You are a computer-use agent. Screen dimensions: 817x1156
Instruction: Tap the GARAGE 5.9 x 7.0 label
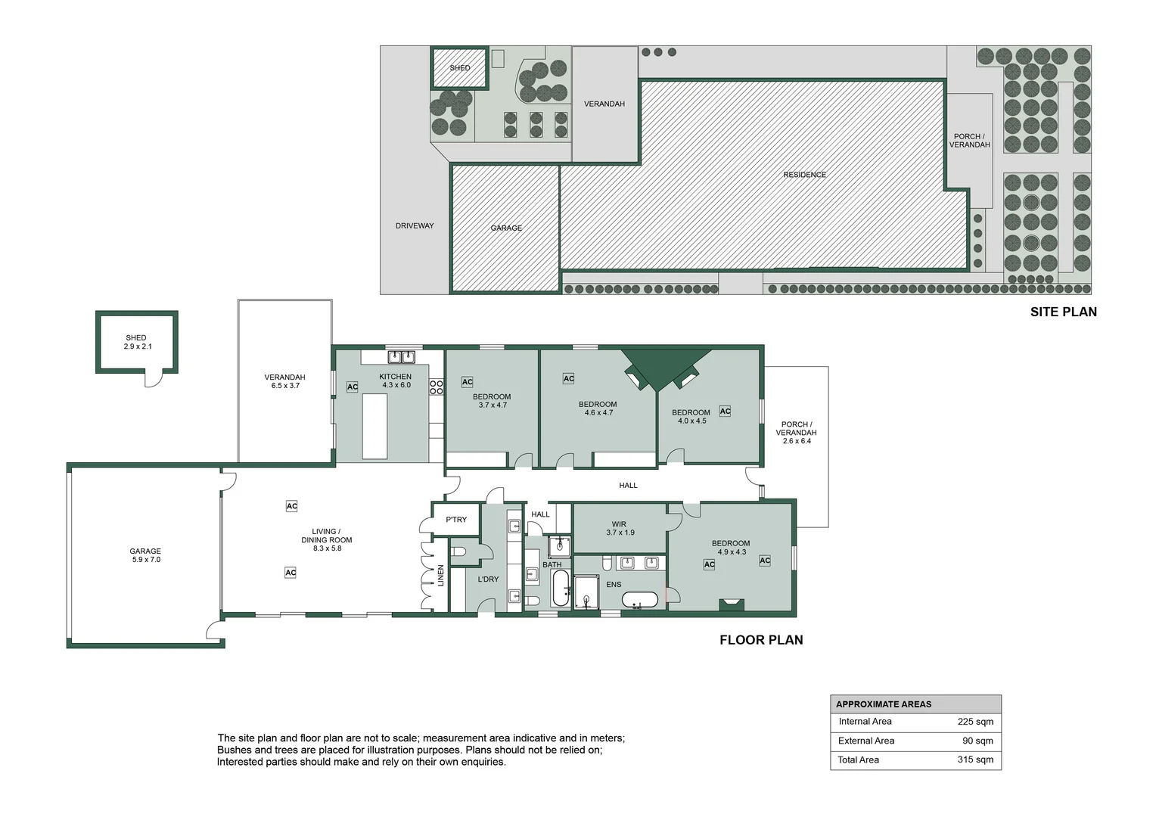[144, 555]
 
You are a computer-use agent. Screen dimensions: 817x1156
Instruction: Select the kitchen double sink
[401, 356]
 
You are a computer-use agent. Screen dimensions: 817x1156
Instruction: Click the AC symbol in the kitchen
[352, 387]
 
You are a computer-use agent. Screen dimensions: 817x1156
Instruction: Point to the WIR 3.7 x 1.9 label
[620, 528]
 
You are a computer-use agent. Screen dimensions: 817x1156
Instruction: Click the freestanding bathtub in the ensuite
[640, 601]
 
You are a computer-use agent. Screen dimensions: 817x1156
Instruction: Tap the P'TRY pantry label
[456, 520]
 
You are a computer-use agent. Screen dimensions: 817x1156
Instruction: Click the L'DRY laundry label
[488, 579]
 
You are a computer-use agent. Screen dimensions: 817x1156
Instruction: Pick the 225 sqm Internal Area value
[975, 722]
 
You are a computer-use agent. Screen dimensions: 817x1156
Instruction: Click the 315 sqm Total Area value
[975, 760]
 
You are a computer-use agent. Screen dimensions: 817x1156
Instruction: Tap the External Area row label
[865, 741]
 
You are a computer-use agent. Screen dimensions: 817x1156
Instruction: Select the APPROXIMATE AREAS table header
[883, 704]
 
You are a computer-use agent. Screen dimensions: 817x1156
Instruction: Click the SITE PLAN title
[1063, 312]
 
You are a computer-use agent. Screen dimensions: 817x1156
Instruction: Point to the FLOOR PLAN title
[760, 640]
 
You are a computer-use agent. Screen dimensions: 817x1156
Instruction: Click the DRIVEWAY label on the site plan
[415, 225]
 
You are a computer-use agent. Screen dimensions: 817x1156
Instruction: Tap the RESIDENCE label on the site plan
[804, 175]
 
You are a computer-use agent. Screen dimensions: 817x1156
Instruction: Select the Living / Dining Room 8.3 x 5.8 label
[327, 539]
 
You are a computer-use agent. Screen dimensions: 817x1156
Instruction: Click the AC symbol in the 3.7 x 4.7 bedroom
[467, 382]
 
